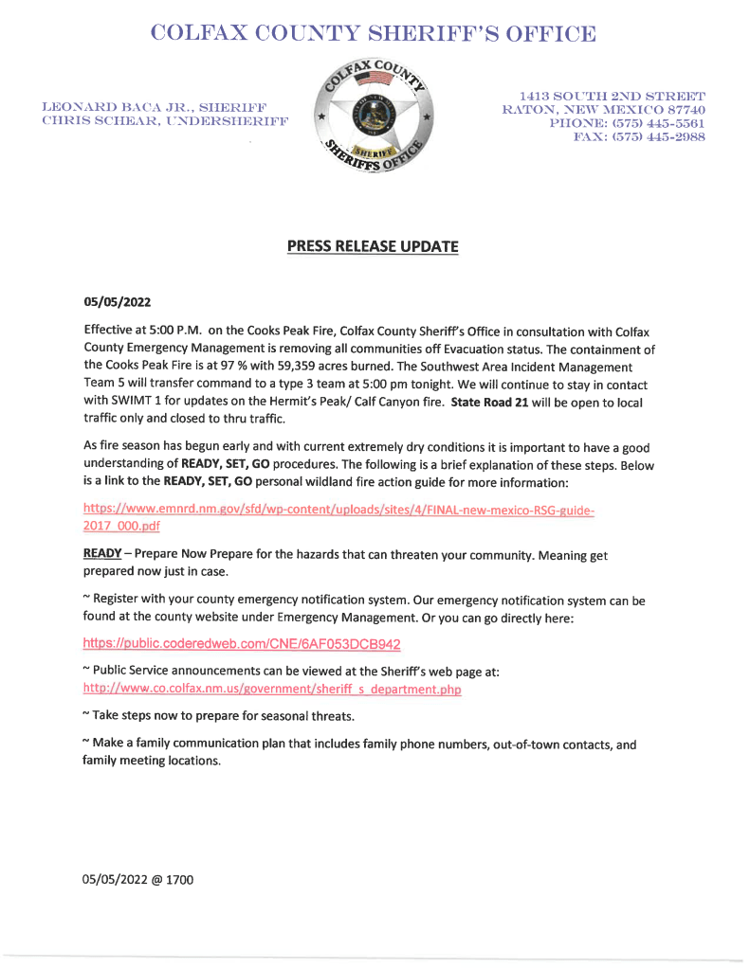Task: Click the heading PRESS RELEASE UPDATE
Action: tap(373, 246)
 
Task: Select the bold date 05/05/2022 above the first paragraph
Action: tap(118, 303)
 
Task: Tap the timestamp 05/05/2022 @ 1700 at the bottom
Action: tap(138, 880)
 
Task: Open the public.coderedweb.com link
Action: tap(242, 644)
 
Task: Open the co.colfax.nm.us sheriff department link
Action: tap(272, 690)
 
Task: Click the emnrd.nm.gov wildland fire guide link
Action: tap(339, 511)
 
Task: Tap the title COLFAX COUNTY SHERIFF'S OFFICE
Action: tap(375, 35)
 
